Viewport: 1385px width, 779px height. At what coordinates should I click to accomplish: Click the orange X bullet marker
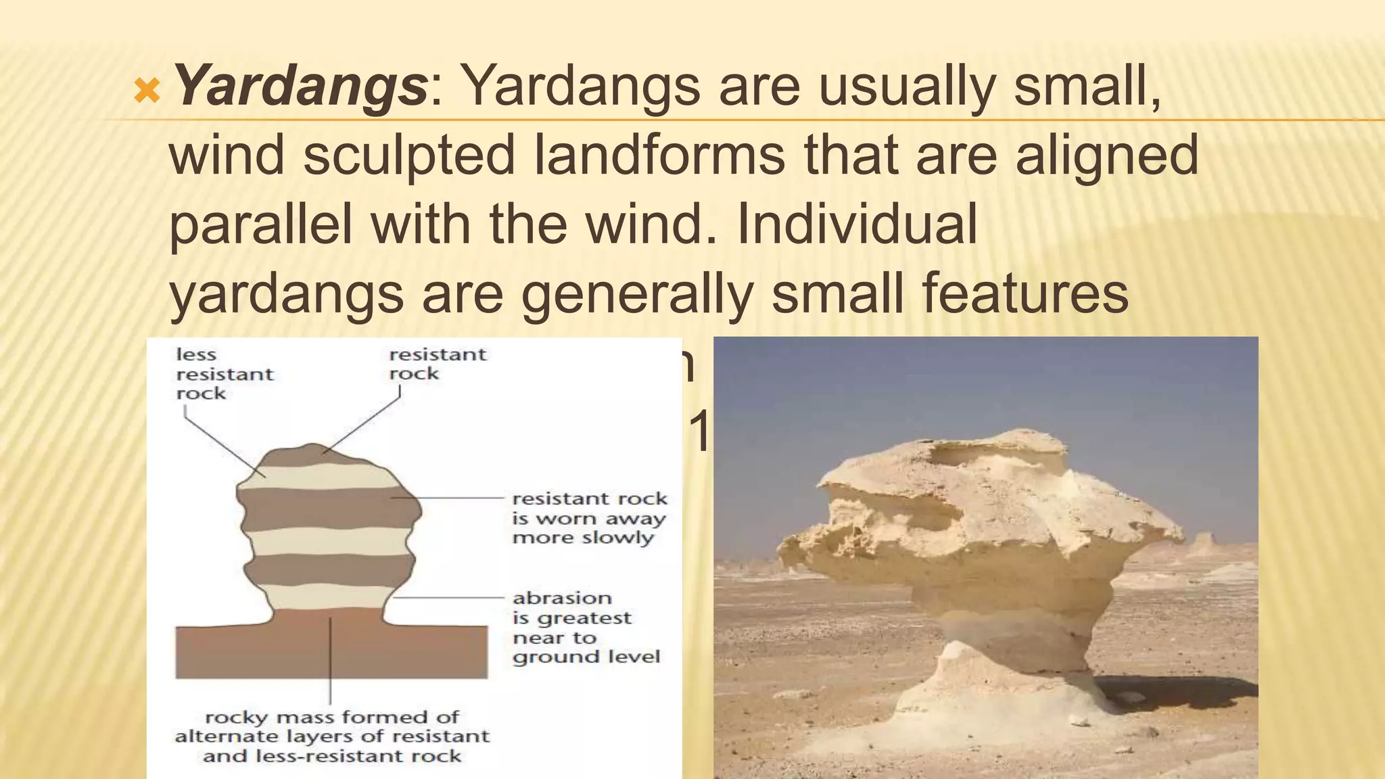147,90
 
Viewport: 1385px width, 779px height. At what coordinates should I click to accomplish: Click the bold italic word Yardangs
300,87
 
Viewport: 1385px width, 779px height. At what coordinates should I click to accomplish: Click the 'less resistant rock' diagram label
224,374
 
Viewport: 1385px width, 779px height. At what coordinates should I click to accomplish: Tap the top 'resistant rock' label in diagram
437,364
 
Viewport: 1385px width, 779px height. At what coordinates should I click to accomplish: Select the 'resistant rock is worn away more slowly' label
589,518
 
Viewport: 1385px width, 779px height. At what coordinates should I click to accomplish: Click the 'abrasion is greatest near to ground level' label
586,627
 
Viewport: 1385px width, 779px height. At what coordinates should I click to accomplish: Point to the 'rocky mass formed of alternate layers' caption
331,736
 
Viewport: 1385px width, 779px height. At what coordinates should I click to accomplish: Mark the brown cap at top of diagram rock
314,455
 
